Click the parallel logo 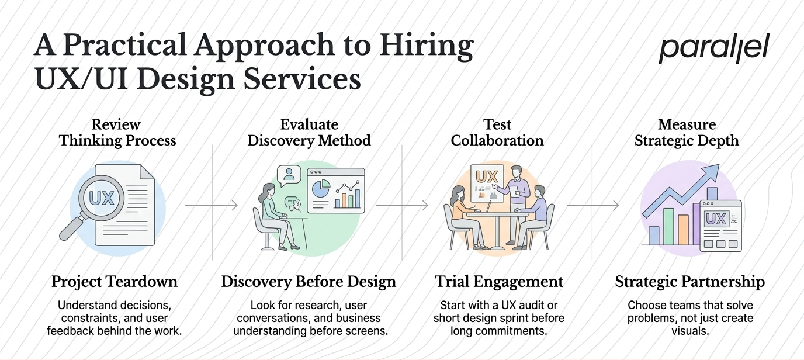point(714,49)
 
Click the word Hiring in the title point(427,47)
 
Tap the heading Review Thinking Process point(117,133)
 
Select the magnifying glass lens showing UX point(102,198)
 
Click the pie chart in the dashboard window point(321,189)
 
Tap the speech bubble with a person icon point(289,175)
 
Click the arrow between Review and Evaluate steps point(212,205)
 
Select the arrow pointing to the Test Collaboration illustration point(402,205)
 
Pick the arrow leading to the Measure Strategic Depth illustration point(593,205)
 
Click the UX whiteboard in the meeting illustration point(487,184)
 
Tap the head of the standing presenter point(517,172)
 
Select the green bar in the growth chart point(668,227)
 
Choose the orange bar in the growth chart point(684,230)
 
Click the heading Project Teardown point(115,281)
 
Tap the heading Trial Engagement point(499,281)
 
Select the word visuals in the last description point(690,331)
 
